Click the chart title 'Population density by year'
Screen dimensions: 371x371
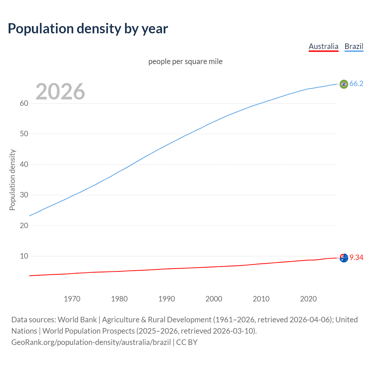[x=88, y=29]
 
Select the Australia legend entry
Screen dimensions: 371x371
[x=323, y=46]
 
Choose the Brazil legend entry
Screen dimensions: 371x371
[x=354, y=46]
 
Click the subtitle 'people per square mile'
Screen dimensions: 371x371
[x=185, y=61]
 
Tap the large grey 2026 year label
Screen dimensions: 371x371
[x=60, y=92]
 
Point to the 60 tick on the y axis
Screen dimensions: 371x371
[x=24, y=103]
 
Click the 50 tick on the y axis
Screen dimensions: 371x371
[x=24, y=134]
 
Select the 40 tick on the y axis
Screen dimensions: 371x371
[x=24, y=165]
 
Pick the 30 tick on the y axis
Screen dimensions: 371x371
[x=24, y=195]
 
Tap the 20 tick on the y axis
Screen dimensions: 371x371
[x=24, y=225]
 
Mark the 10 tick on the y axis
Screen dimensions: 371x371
[x=24, y=256]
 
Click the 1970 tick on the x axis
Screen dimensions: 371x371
[x=72, y=299]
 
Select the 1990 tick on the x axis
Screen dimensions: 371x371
[x=167, y=299]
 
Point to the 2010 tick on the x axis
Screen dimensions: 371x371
[x=261, y=299]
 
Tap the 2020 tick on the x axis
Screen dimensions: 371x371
[x=308, y=299]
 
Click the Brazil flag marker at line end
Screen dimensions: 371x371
[x=344, y=84]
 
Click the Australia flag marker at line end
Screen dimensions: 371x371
[x=344, y=258]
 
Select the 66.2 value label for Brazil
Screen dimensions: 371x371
[x=356, y=84]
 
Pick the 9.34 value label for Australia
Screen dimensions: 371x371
[x=356, y=258]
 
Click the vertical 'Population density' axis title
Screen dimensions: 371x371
[x=12, y=180]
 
